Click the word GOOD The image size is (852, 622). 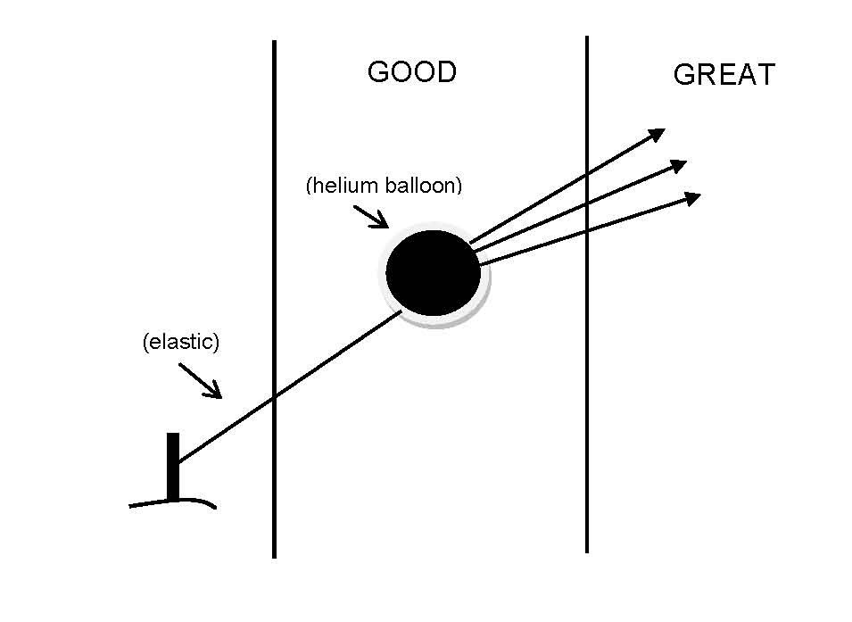[x=411, y=72]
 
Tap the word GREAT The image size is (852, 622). [x=724, y=75]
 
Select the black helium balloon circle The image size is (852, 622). [x=434, y=272]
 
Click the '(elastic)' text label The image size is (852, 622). [x=180, y=343]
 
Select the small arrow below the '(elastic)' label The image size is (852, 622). [x=201, y=380]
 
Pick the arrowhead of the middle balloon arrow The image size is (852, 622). [x=679, y=165]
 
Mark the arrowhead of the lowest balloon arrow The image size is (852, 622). [x=692, y=197]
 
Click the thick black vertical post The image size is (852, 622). [x=172, y=466]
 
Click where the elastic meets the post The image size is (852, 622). [x=178, y=461]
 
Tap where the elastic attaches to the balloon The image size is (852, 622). [x=401, y=311]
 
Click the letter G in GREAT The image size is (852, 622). [x=683, y=75]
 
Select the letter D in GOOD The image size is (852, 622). [x=445, y=72]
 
